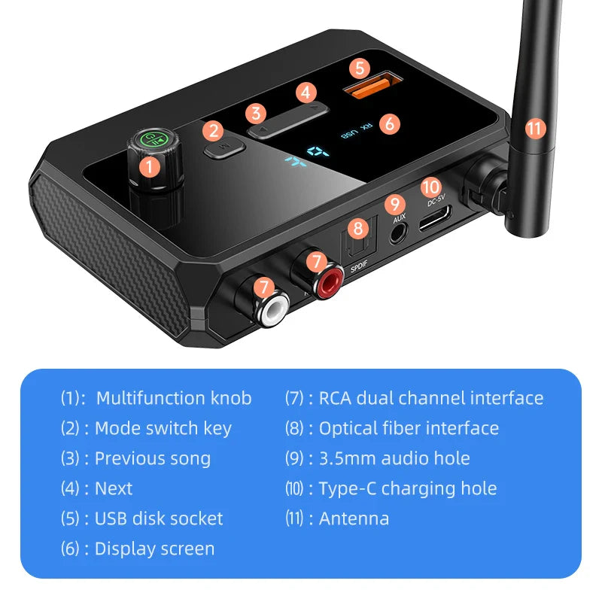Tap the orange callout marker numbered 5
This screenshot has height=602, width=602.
(359, 68)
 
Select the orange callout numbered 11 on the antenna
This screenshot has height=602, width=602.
(534, 128)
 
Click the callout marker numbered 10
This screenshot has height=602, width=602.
(430, 186)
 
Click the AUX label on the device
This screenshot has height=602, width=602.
(400, 218)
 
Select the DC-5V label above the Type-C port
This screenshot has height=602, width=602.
(437, 201)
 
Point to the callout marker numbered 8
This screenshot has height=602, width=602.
(358, 228)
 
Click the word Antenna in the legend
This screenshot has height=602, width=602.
(354, 518)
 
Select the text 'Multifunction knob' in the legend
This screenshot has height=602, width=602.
(174, 398)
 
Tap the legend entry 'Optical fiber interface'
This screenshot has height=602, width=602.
(409, 428)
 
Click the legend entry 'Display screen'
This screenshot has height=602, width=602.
(154, 549)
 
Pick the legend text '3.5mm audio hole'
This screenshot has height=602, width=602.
(394, 458)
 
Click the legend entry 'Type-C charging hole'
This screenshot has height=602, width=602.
(407, 488)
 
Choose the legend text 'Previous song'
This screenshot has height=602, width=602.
(153, 458)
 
